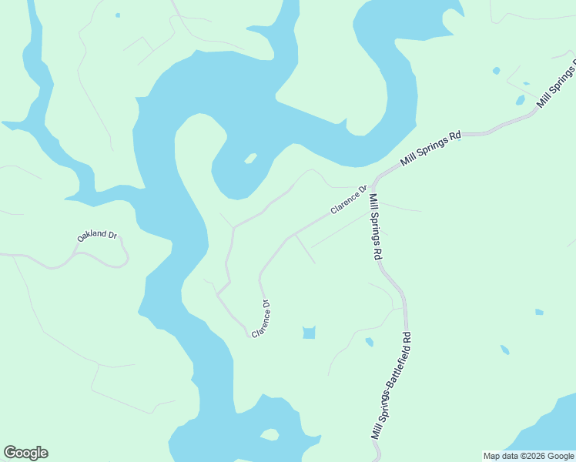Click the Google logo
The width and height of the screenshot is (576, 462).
[x=25, y=453]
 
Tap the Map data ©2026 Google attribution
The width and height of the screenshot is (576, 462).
[x=529, y=456]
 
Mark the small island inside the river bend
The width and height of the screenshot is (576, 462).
[x=249, y=159]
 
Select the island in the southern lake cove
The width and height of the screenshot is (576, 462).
[x=270, y=435]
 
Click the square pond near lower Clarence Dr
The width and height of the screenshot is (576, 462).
[x=309, y=333]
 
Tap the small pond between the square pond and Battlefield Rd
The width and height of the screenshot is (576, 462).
[x=370, y=342]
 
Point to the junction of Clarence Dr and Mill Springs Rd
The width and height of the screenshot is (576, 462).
[x=373, y=187]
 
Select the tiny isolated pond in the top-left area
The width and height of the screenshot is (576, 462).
[x=118, y=15]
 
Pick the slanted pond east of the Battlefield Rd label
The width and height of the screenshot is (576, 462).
[x=504, y=350]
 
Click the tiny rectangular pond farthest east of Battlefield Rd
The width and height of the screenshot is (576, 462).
[x=539, y=312]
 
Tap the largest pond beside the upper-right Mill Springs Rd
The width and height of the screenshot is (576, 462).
[x=521, y=100]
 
